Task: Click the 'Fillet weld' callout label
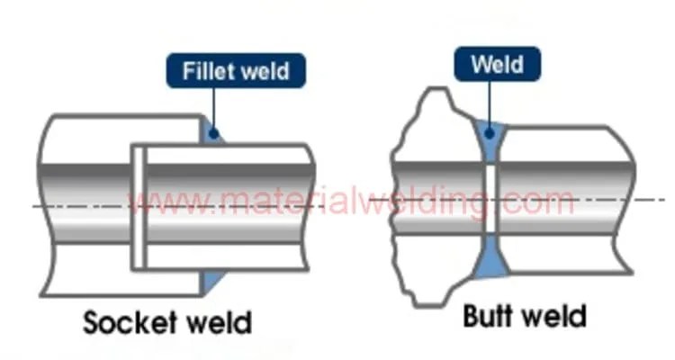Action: coord(236,69)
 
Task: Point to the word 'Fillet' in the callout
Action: coord(208,69)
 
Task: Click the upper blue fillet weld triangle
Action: coord(211,131)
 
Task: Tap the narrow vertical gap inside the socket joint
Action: coord(139,207)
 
